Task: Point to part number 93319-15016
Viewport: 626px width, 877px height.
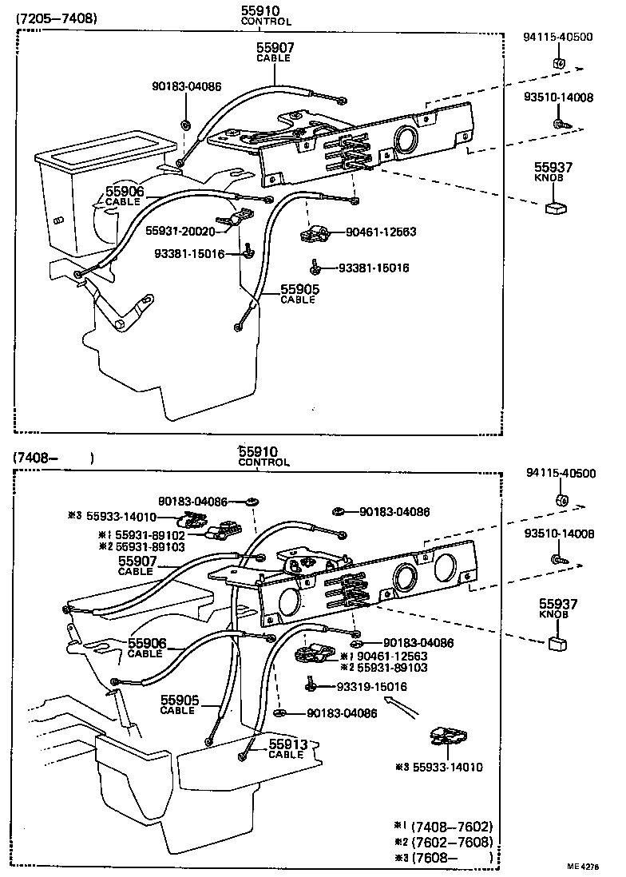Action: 371,686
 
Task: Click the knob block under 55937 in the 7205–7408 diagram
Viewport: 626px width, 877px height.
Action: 554,209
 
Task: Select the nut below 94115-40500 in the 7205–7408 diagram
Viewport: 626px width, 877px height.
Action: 558,63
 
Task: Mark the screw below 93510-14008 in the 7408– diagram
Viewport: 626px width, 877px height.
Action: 561,560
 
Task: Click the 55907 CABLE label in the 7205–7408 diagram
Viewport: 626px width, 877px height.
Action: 275,52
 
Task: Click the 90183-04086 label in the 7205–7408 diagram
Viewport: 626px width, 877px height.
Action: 187,85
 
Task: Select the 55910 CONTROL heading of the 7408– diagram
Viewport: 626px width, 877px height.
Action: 263,456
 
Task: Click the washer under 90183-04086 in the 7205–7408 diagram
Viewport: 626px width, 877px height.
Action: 185,124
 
